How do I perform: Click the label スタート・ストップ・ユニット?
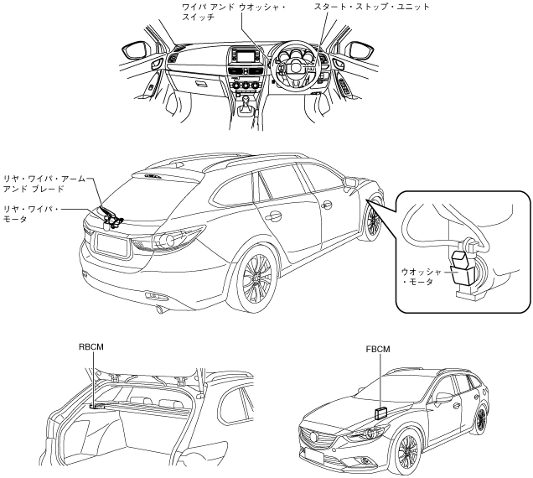pyautogui.click(x=370, y=7)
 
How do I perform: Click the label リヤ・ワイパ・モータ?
pyautogui.click(x=30, y=213)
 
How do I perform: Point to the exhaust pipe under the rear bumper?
pyautogui.click(x=158, y=309)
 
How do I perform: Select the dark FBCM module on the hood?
pyautogui.click(x=382, y=412)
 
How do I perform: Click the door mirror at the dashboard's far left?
pyautogui.click(x=135, y=50)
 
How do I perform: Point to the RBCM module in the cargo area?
pyautogui.click(x=96, y=405)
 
